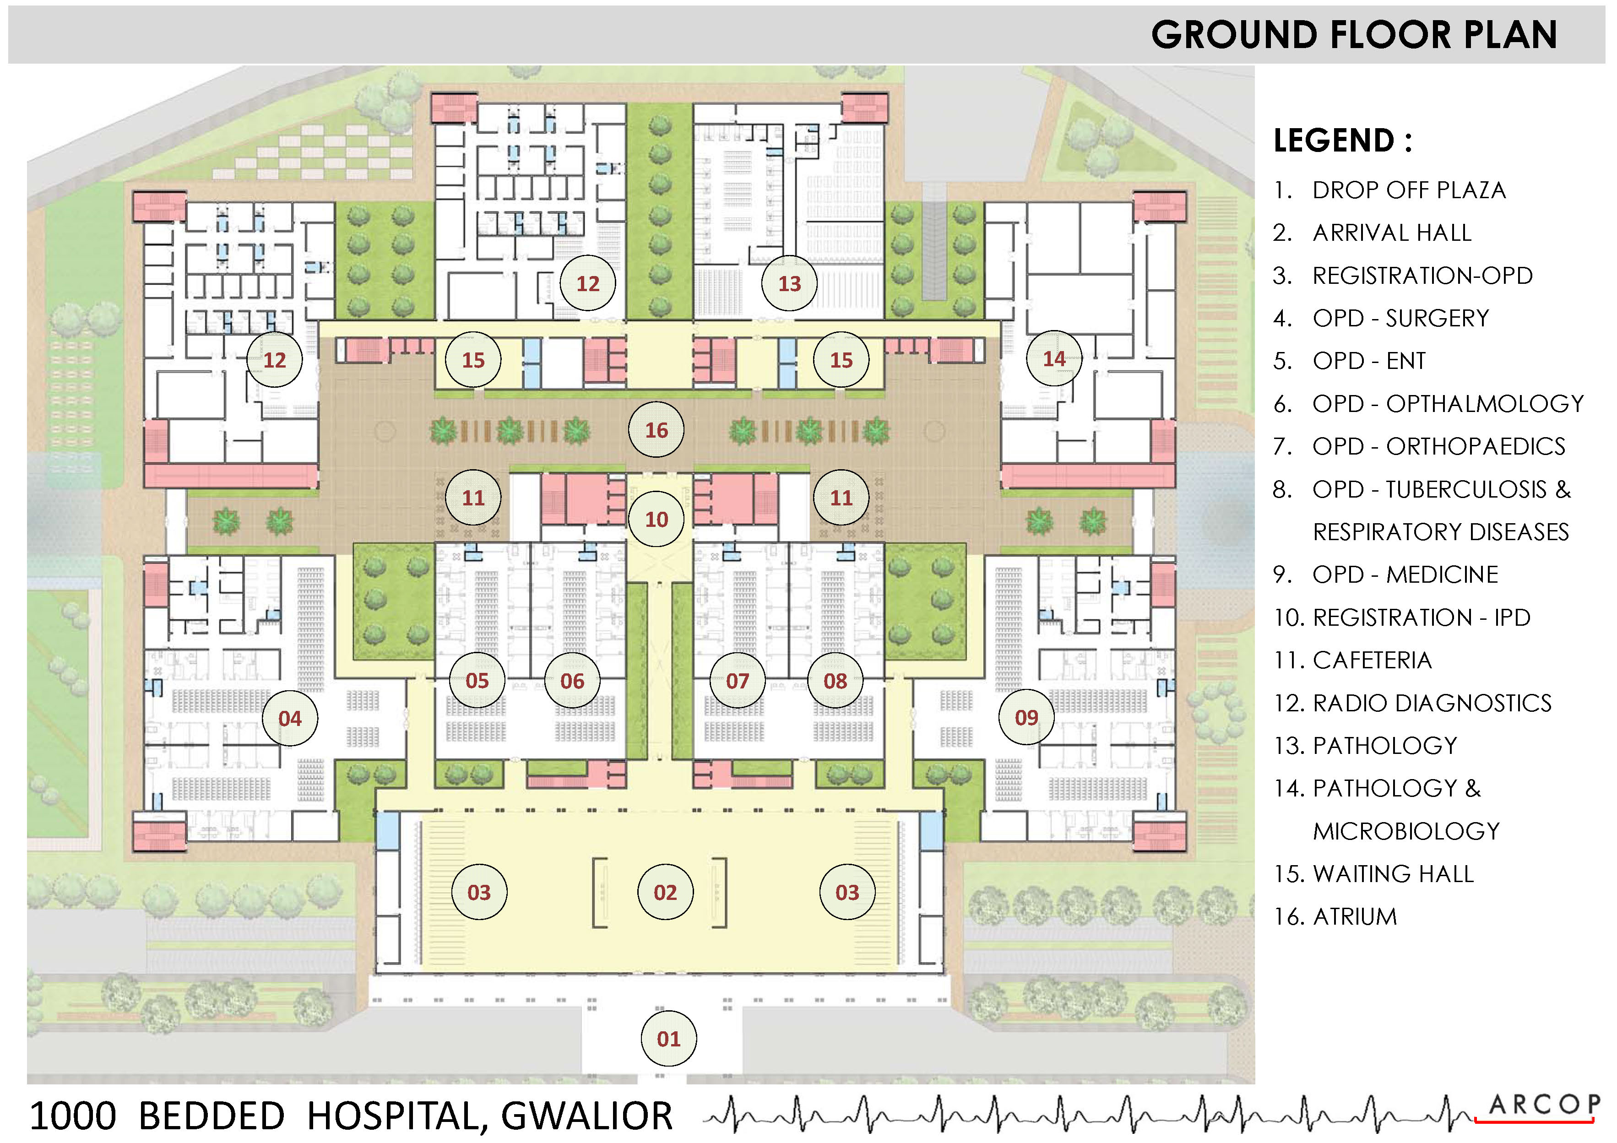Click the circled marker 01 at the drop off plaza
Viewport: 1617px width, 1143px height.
(x=668, y=1038)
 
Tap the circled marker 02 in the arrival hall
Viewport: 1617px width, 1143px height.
(x=665, y=892)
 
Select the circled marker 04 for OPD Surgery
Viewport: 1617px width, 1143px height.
(x=289, y=718)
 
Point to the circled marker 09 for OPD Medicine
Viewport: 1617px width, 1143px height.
(x=1026, y=717)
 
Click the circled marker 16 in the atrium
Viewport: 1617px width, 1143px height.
(x=657, y=429)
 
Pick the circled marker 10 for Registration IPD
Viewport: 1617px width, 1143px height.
(x=657, y=519)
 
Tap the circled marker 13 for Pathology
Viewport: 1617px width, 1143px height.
(x=789, y=283)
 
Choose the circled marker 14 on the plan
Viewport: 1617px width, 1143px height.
(x=1053, y=358)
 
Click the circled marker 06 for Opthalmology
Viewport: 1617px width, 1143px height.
(x=572, y=680)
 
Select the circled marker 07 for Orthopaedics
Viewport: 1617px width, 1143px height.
(x=738, y=680)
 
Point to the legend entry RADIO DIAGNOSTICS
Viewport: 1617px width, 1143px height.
(x=1432, y=703)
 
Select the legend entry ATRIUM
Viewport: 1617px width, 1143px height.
(x=1354, y=916)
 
